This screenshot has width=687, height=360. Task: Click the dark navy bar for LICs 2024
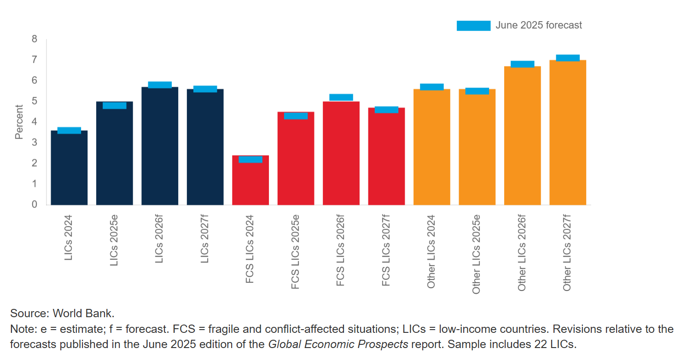tap(69, 170)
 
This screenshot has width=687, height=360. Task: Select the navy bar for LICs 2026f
tap(160, 147)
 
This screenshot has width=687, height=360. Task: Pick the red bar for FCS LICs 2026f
tap(341, 154)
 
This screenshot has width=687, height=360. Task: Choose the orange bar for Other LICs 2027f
tap(567, 134)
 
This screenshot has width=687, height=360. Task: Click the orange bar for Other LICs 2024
tap(431, 147)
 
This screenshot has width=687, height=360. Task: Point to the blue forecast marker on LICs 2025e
tap(114, 105)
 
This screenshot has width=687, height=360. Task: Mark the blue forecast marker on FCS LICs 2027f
tap(386, 110)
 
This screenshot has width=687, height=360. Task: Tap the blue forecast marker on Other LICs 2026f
tap(522, 64)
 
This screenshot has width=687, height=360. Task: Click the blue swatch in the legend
tap(473, 26)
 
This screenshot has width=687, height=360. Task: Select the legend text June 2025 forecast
tap(539, 25)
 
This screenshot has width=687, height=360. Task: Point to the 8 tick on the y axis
tap(35, 39)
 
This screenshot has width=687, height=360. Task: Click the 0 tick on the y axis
tap(35, 204)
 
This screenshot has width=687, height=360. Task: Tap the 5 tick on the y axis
tap(35, 101)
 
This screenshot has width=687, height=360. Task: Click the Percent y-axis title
tap(19, 122)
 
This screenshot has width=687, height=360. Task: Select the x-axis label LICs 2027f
tap(205, 239)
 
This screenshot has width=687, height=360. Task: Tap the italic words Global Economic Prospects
tap(338, 344)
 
